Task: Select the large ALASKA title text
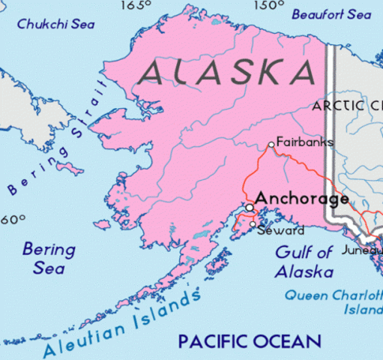[227, 71]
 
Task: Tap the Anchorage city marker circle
[249, 208]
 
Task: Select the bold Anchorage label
[301, 199]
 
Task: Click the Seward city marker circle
[253, 224]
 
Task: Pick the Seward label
[280, 230]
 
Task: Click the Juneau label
[362, 250]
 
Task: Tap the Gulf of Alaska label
[304, 262]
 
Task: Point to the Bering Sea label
[49, 257]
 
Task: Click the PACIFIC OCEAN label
[249, 342]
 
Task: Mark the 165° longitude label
[136, 6]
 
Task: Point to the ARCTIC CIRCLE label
[348, 106]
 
